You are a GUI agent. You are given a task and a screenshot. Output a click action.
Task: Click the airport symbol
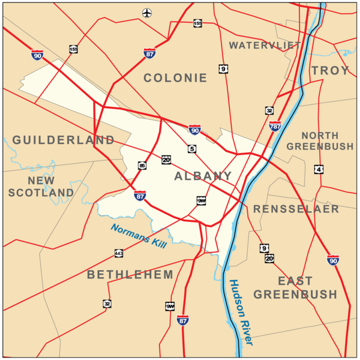tap(147, 13)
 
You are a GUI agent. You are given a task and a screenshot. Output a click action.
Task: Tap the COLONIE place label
tap(175, 78)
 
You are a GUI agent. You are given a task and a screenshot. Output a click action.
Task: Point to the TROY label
tap(330, 71)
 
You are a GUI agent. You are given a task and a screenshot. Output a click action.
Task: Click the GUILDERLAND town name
tap(63, 140)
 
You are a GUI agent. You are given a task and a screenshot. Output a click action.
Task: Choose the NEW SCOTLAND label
tap(41, 186)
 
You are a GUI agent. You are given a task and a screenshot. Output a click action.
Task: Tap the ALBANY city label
tap(203, 176)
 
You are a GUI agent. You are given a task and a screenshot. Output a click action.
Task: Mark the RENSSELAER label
tap(296, 209)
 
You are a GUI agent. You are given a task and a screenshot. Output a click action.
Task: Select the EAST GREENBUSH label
tap(295, 287)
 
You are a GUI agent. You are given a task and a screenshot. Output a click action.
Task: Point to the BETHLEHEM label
tap(130, 275)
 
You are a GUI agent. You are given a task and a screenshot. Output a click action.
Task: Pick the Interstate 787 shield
tap(275, 126)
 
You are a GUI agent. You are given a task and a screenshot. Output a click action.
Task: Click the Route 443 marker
tap(119, 254)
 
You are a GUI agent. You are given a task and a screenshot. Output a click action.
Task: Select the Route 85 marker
tap(142, 166)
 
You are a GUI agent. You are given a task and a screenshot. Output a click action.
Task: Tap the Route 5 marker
tap(191, 149)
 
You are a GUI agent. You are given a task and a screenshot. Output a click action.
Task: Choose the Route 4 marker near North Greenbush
tap(319, 170)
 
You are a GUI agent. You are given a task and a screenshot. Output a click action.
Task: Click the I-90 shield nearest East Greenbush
tap(333, 260)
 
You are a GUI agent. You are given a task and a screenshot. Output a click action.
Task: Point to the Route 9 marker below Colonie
tap(223, 70)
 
